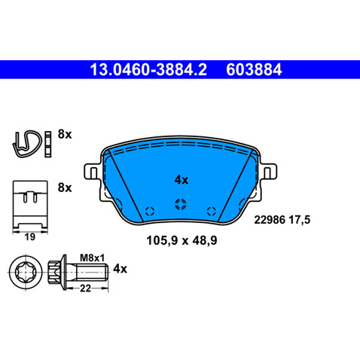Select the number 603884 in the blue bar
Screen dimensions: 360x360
[253, 72]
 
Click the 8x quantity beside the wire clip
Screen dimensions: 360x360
[64, 135]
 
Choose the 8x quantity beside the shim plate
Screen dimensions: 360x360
[64, 187]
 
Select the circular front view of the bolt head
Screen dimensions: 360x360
[24, 269]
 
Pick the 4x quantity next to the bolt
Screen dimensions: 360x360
[121, 269]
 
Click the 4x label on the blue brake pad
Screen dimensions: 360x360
[181, 180]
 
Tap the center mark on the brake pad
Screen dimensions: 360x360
[180, 203]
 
